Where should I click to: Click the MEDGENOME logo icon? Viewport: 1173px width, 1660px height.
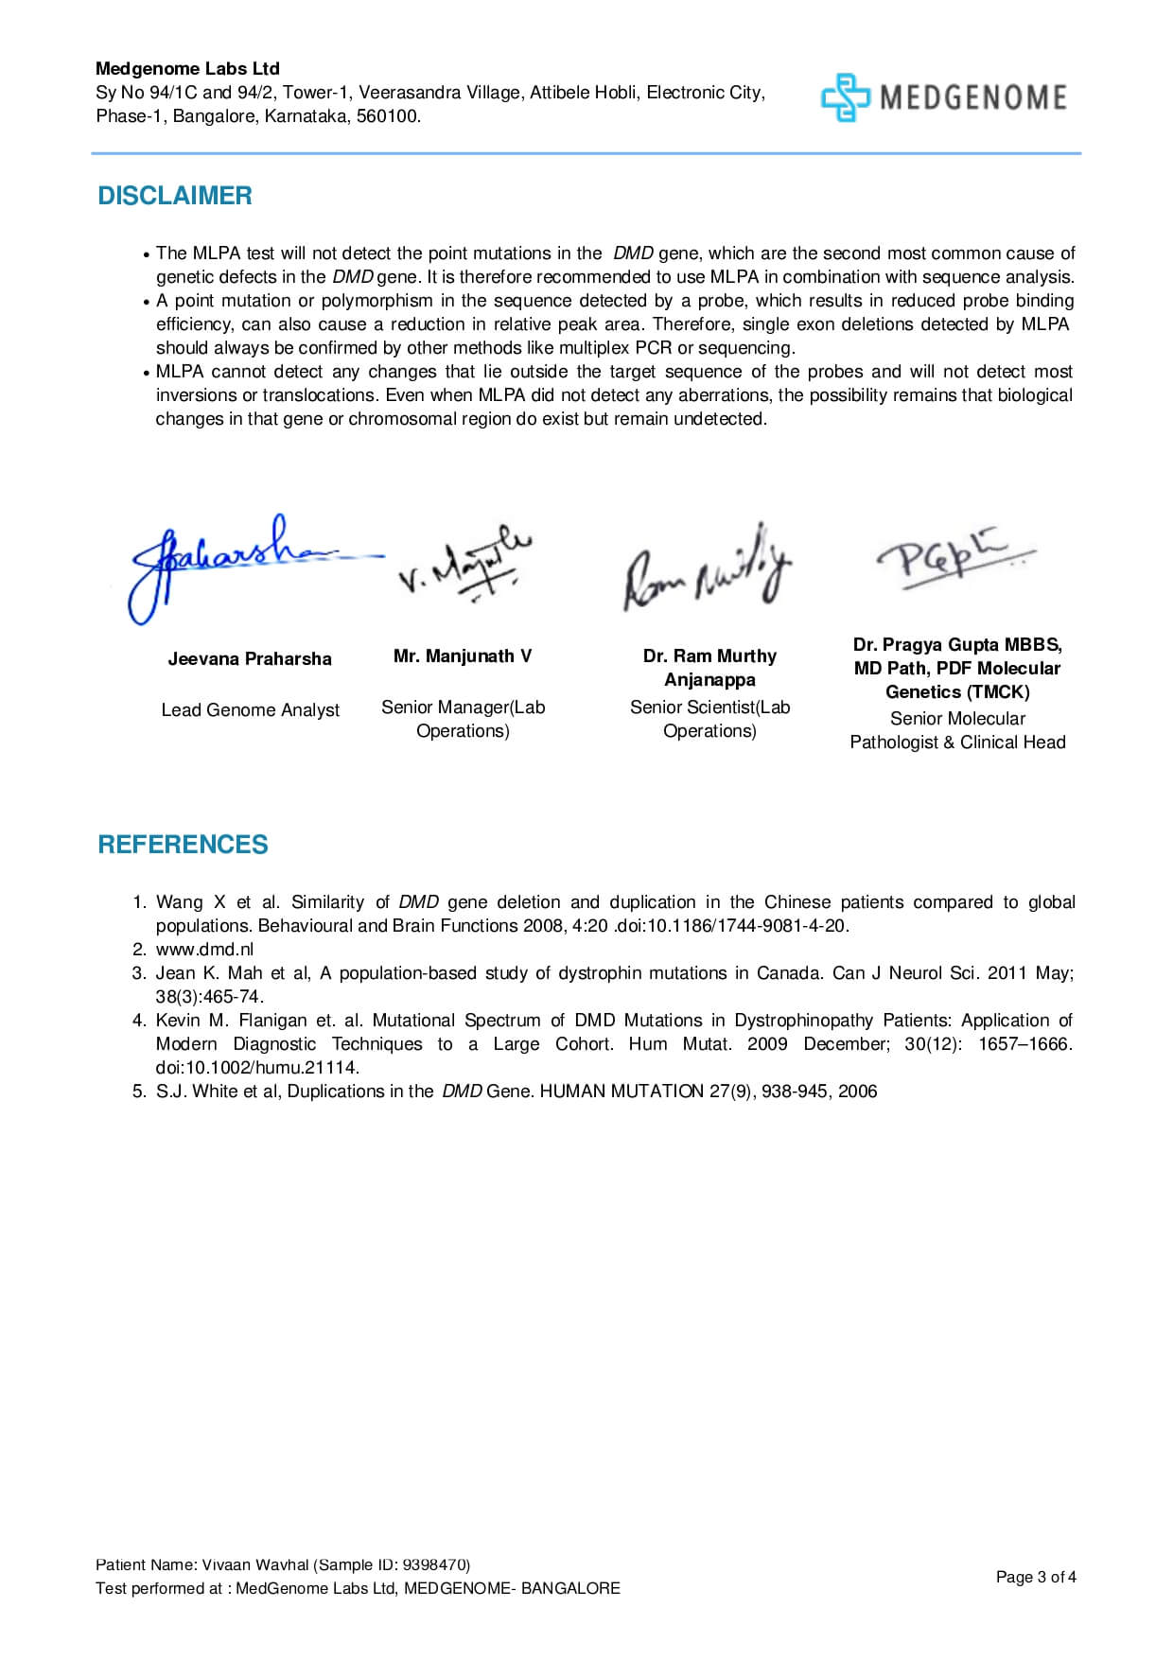tap(844, 97)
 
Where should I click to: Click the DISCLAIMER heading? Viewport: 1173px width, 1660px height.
tap(175, 196)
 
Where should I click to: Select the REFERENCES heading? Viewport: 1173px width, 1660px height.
tap(183, 845)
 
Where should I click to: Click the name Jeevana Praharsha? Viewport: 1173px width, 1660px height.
tap(250, 659)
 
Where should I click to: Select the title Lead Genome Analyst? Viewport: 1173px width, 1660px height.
tap(250, 710)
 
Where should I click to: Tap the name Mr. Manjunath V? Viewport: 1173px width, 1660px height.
tap(463, 656)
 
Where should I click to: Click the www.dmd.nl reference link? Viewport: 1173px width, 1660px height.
tap(204, 950)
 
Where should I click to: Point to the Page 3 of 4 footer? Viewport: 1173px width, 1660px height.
tap(1036, 1577)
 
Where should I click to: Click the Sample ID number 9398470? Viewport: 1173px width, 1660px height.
tap(434, 1565)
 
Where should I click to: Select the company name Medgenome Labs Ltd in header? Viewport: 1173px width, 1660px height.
tap(187, 69)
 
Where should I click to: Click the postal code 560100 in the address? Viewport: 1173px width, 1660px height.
tap(389, 116)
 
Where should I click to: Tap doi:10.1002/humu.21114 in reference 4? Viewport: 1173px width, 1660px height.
tap(257, 1068)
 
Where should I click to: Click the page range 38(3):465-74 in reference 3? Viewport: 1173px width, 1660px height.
tap(209, 997)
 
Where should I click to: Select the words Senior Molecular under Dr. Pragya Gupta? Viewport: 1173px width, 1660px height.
tap(957, 719)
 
